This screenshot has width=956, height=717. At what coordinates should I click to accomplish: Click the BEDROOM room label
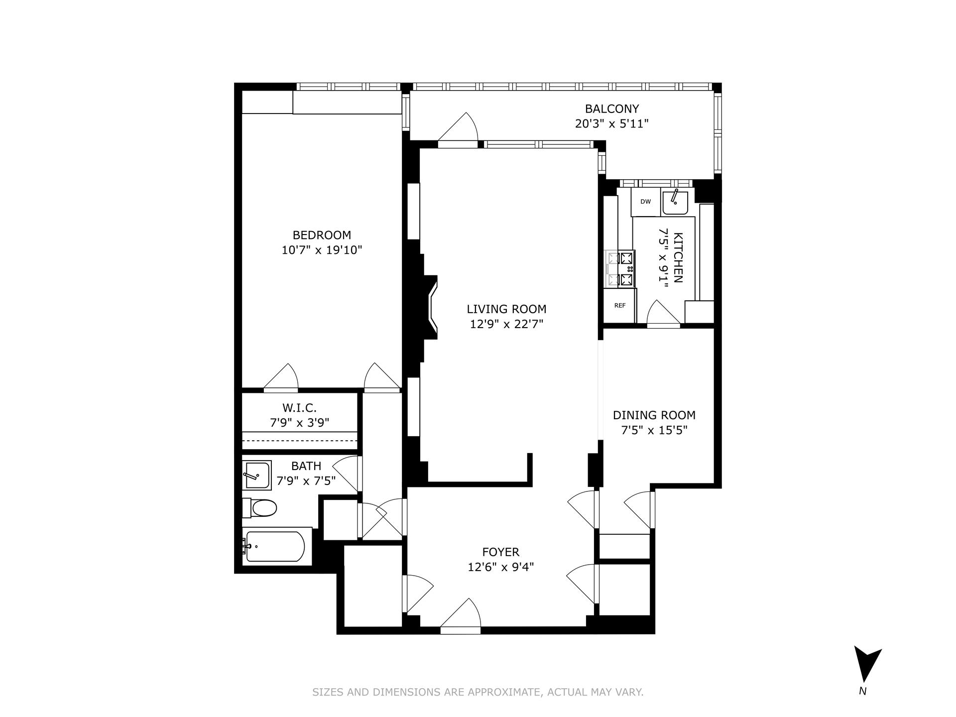click(321, 235)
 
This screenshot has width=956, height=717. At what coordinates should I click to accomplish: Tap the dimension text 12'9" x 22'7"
click(506, 324)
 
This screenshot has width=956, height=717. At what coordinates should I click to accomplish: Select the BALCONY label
click(611, 109)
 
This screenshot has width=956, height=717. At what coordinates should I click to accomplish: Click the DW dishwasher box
click(645, 202)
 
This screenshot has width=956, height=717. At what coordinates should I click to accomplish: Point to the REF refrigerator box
click(619, 306)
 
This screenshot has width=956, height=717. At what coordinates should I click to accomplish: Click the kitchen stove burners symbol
click(620, 269)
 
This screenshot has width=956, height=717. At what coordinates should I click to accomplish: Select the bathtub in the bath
click(276, 546)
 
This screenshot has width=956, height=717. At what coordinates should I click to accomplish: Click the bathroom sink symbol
click(256, 475)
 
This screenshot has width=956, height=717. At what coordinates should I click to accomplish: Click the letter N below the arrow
click(863, 691)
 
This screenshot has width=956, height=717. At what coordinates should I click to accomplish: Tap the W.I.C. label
click(299, 408)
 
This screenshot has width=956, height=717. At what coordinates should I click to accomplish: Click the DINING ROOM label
click(654, 415)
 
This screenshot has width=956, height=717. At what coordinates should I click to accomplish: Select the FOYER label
click(500, 552)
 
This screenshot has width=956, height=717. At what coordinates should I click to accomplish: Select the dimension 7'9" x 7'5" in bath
click(306, 481)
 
